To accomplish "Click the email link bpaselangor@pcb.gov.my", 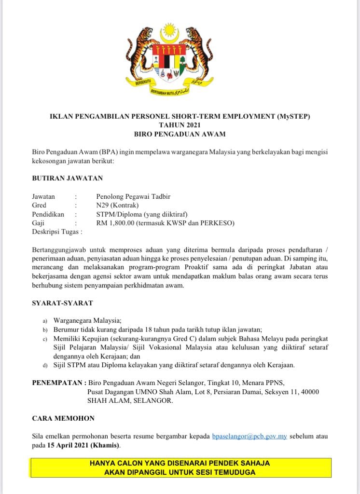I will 249,436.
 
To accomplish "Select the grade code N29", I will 103,205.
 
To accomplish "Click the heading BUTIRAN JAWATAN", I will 67,178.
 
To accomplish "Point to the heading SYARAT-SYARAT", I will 62,303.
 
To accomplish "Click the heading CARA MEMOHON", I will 63,418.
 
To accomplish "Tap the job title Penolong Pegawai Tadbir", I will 133,196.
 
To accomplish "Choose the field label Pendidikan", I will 48,214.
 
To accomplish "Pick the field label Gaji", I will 38,222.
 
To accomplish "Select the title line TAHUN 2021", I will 180,125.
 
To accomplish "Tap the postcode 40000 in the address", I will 309,392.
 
